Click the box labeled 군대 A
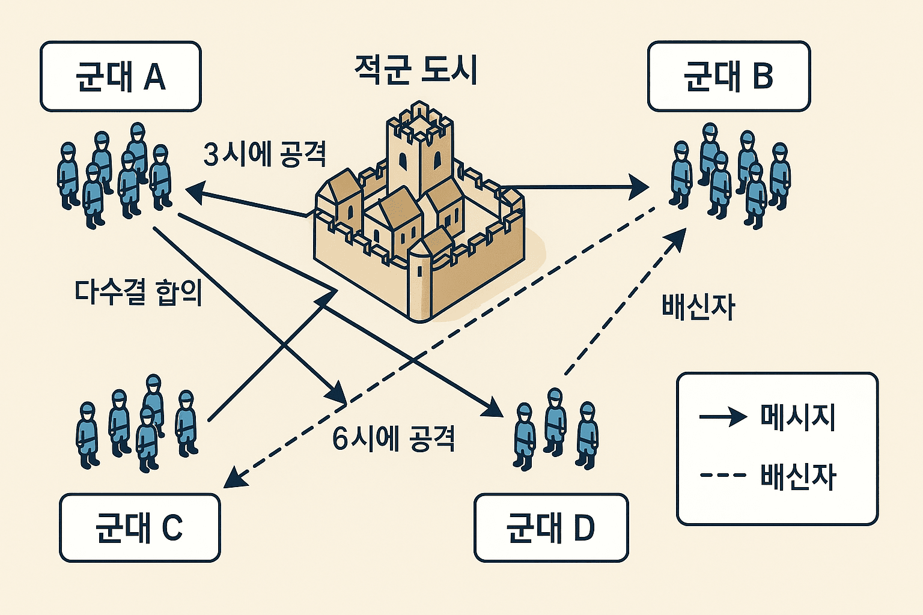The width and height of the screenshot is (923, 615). (120, 76)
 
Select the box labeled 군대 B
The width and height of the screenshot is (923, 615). (728, 76)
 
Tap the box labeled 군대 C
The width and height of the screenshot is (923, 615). (139, 527)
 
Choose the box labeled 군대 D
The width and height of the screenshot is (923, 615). (550, 527)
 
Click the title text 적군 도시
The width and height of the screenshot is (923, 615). (416, 70)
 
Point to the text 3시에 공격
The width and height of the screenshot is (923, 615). (264, 154)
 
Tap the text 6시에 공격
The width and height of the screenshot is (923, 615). (393, 438)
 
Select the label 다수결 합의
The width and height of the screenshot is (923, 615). (138, 292)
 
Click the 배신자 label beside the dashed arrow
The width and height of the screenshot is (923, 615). (698, 306)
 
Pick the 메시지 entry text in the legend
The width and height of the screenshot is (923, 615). (797, 416)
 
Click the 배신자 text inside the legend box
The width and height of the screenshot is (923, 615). (797, 476)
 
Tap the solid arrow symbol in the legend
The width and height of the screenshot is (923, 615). (723, 416)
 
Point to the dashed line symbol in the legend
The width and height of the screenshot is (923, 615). (723, 476)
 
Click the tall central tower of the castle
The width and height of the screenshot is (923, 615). (419, 150)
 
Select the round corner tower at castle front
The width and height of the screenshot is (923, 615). (419, 282)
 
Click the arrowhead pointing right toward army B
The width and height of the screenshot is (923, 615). (639, 187)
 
